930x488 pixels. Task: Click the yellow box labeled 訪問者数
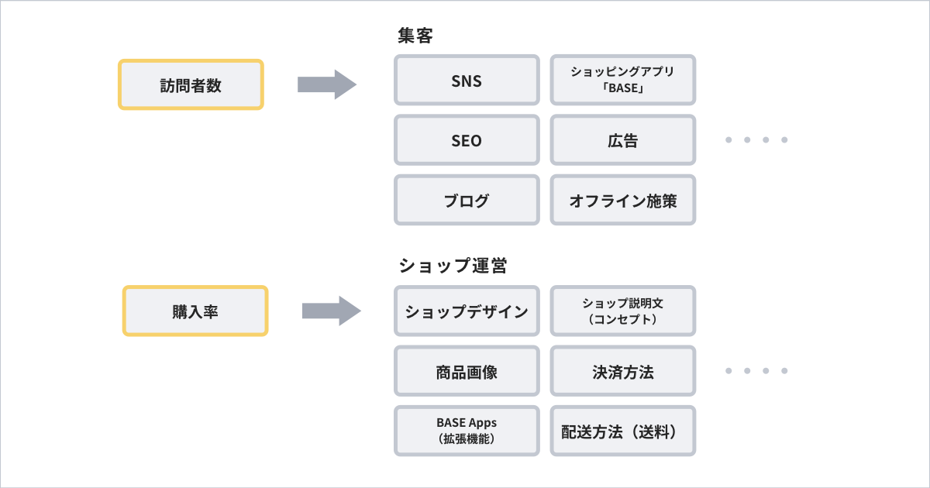point(191,84)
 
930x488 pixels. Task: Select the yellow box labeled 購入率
point(195,311)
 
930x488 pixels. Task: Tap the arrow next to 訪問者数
point(326,84)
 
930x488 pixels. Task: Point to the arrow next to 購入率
point(331,311)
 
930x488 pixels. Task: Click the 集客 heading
point(415,36)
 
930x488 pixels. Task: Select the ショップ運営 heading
point(453,266)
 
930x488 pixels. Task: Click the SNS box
point(467,80)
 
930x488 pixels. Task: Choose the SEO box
point(467,140)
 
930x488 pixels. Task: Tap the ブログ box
point(467,201)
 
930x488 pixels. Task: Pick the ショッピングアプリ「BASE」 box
point(623,80)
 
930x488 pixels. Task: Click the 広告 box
point(623,140)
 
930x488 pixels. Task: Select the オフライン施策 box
point(623,201)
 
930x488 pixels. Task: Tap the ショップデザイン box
point(467,311)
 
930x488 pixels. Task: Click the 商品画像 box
point(467,371)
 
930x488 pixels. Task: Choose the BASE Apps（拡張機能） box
point(467,431)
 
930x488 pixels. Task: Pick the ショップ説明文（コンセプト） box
point(623,311)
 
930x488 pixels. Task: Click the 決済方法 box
point(623,371)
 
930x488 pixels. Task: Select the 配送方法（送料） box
point(623,431)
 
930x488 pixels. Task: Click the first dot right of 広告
point(729,140)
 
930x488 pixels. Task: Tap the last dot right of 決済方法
point(784,371)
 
